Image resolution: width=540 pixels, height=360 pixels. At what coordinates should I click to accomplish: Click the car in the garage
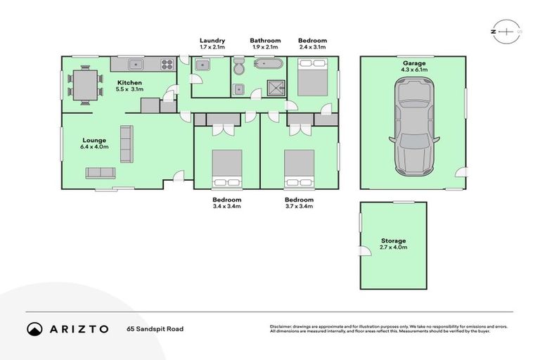coord(414,127)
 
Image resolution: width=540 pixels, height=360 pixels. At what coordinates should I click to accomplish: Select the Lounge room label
coord(94,139)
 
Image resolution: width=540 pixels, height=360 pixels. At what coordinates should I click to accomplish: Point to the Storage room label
coord(394,240)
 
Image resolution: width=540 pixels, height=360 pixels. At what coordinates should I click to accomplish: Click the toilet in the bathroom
coord(239,67)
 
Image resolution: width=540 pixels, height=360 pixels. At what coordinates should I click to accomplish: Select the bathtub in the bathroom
coord(267,65)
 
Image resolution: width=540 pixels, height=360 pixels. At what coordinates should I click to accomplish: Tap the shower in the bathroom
coord(271,88)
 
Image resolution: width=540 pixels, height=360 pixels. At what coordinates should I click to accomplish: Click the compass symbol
coord(506,32)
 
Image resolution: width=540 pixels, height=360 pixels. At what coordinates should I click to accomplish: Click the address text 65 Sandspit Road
coord(155,329)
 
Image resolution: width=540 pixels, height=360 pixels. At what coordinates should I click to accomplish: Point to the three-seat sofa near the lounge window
coord(101,173)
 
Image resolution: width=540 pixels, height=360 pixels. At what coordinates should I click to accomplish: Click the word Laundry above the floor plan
coord(212,41)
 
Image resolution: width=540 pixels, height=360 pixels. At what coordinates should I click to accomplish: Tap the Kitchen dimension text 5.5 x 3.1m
coord(129,90)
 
